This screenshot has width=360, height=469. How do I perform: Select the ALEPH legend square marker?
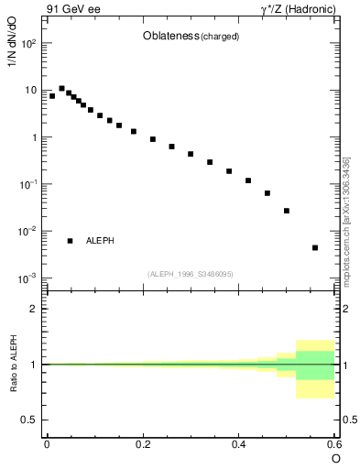tap(70, 241)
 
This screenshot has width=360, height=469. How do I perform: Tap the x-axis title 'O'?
tap(336, 457)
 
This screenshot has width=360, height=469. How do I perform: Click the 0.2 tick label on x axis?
tap(142, 443)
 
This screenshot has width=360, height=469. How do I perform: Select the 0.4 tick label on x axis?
tap(238, 443)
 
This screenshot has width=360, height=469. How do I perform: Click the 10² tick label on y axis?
tap(28, 43)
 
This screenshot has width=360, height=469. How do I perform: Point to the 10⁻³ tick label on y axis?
tap(28, 278)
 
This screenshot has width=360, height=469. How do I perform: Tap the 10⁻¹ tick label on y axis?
tap(28, 184)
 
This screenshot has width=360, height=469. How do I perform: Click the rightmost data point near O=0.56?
tap(315, 247)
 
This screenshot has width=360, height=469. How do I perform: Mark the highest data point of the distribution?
tap(61, 89)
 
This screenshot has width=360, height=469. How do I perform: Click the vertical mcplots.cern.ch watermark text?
tap(346, 220)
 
